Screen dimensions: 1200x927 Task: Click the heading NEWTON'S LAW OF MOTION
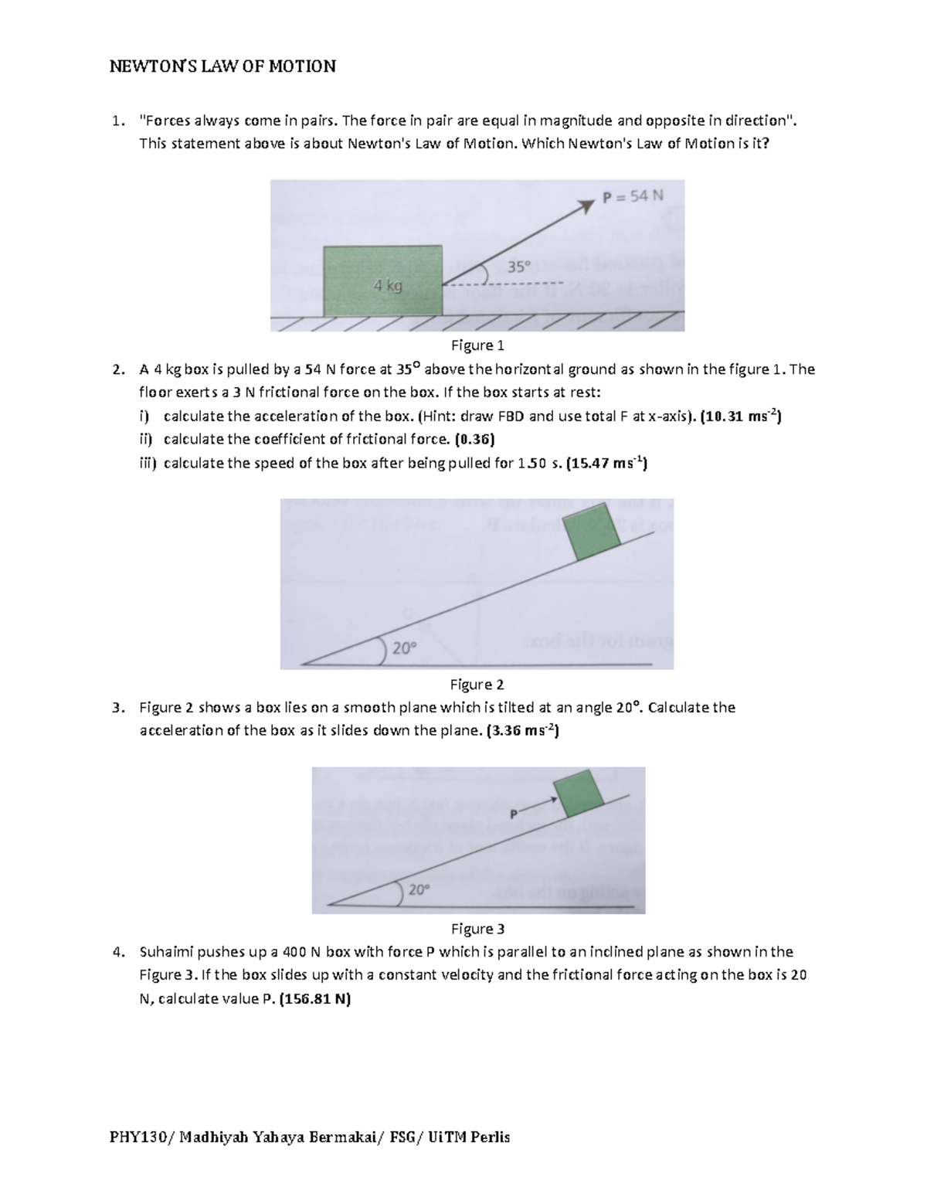click(222, 66)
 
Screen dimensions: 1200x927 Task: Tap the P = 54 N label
click(633, 196)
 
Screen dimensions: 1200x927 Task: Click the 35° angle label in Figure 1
click(519, 267)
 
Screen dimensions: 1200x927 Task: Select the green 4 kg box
click(383, 280)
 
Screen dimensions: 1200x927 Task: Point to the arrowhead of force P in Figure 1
click(593, 202)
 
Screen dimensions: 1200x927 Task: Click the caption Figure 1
click(477, 345)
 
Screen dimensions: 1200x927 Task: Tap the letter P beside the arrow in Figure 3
click(514, 814)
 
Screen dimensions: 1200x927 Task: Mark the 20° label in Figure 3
click(418, 889)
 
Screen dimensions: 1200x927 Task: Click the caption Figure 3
click(477, 928)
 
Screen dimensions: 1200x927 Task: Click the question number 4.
click(117, 952)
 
